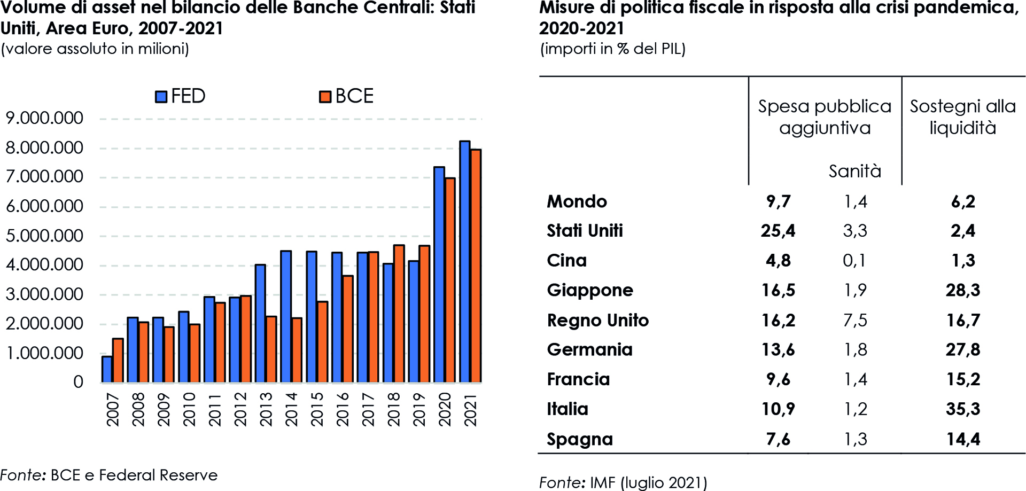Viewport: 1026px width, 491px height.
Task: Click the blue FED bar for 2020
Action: [x=439, y=275]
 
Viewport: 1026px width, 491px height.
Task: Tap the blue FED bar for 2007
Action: [x=107, y=369]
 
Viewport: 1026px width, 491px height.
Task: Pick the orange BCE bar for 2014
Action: [x=297, y=350]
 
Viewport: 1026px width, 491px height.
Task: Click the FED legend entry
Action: [x=181, y=96]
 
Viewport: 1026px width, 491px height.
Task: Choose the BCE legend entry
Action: [x=346, y=96]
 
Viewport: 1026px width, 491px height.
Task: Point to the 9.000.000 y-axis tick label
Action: [x=44, y=118]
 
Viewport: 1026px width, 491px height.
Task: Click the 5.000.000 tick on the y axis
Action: [x=44, y=236]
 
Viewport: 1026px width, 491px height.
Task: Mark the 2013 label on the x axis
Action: [x=266, y=409]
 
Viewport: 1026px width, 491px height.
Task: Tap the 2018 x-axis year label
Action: [x=393, y=409]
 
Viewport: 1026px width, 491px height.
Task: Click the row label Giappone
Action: [x=590, y=290]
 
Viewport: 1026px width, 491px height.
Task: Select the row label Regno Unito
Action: [x=597, y=320]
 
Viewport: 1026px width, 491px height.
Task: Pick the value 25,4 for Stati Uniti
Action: [x=778, y=231]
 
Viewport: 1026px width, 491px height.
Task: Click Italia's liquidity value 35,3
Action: [x=963, y=409]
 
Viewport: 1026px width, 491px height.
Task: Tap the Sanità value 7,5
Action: [x=855, y=320]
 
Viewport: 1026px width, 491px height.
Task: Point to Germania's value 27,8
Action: [x=963, y=349]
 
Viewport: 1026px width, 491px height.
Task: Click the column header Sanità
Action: [x=855, y=171]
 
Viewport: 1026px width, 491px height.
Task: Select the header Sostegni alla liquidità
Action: [x=963, y=117]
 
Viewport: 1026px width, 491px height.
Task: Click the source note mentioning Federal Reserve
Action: [x=109, y=475]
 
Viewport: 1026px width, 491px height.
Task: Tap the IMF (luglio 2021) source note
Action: [x=623, y=482]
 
